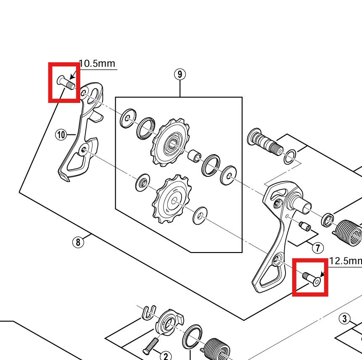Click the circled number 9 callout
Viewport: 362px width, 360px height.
pos(180,74)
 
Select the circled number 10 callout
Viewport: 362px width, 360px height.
pos(61,134)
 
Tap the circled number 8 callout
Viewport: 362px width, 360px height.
pos(77,242)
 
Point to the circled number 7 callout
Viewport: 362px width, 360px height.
pos(317,247)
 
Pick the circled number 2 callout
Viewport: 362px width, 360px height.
pos(166,356)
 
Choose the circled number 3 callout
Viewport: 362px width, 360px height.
pos(345,319)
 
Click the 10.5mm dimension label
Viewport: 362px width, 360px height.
pos(97,63)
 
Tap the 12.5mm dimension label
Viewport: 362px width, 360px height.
pos(345,261)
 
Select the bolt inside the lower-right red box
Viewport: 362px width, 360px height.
pos(312,279)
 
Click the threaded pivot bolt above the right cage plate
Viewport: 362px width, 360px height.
pos(264,142)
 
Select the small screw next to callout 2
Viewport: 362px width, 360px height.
pos(152,345)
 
